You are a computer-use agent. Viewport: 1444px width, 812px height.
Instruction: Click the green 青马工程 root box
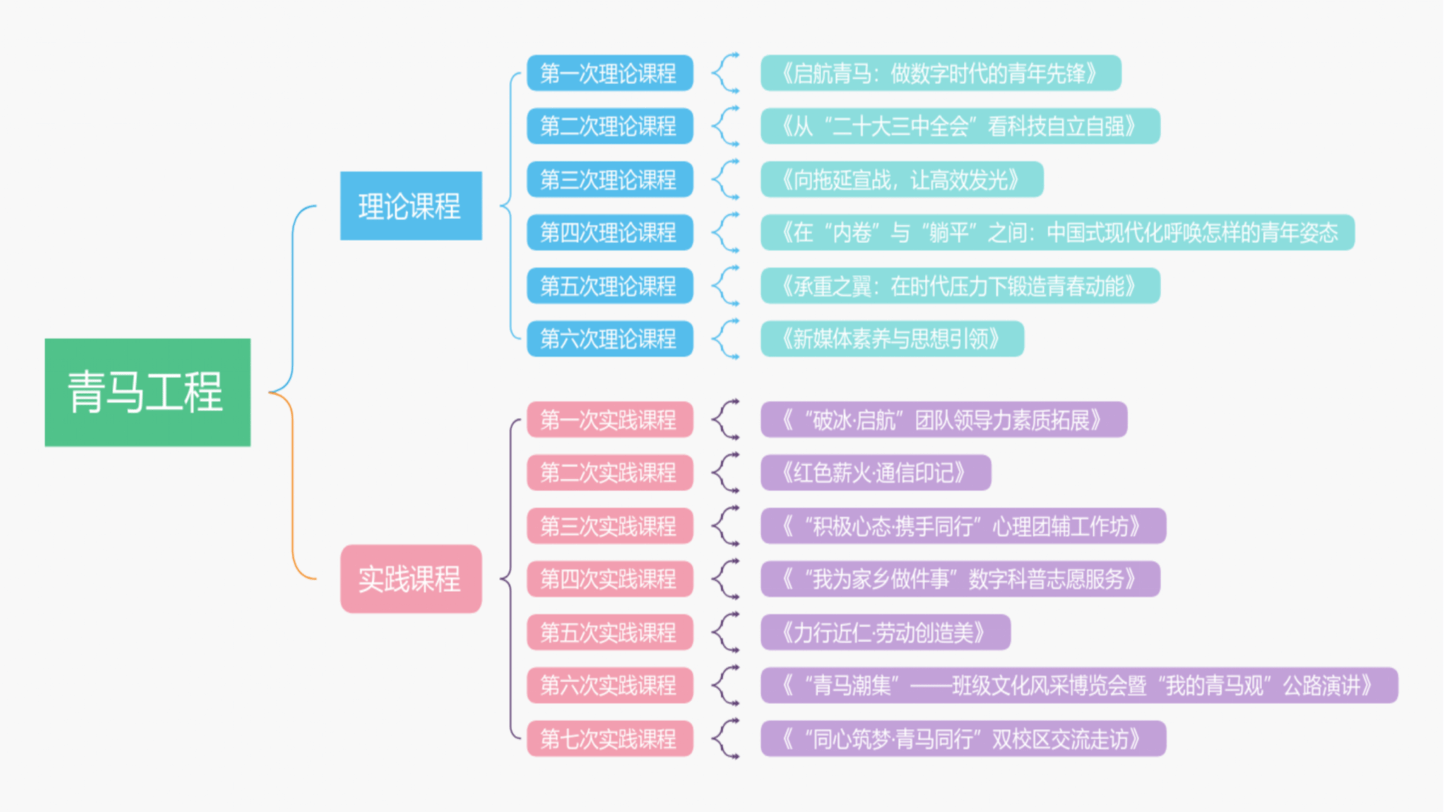(147, 392)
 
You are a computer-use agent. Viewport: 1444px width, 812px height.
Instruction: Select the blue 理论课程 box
(411, 206)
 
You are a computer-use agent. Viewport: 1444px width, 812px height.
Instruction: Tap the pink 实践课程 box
(411, 579)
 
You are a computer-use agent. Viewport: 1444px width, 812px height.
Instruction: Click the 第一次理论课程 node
(610, 73)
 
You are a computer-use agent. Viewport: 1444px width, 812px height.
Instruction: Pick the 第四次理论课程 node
(610, 233)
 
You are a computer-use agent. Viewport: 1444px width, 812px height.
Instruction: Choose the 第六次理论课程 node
(610, 339)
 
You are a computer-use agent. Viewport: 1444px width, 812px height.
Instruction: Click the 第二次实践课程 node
(610, 472)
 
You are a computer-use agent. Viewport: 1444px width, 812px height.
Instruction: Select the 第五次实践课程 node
(610, 632)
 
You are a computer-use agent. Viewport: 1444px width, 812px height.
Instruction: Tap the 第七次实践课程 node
(610, 739)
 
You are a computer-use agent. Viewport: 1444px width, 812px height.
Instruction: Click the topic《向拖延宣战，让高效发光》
(901, 180)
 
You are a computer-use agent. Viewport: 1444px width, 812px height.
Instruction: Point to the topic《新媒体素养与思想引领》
(891, 339)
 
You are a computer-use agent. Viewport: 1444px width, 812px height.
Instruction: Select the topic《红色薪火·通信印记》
(875, 472)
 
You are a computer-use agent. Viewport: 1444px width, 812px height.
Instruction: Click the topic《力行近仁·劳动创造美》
(885, 632)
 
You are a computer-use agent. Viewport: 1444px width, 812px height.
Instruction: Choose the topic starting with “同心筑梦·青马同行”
(962, 739)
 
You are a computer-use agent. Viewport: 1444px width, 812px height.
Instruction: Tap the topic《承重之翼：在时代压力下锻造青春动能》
(960, 286)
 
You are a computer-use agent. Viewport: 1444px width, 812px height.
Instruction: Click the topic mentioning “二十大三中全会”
(960, 126)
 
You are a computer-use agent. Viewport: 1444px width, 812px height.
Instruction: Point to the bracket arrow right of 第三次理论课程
(724, 180)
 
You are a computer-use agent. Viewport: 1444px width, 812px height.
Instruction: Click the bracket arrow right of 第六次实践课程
(724, 685)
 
